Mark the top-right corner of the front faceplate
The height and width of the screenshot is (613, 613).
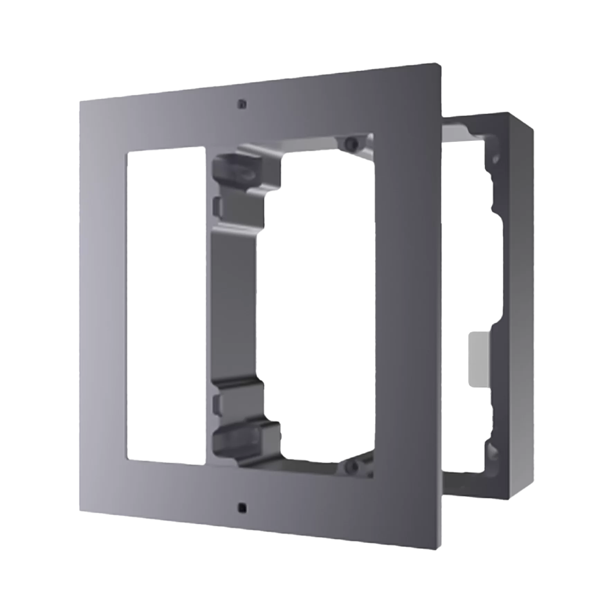click(x=441, y=63)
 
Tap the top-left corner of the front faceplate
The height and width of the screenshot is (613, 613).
click(x=80, y=101)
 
